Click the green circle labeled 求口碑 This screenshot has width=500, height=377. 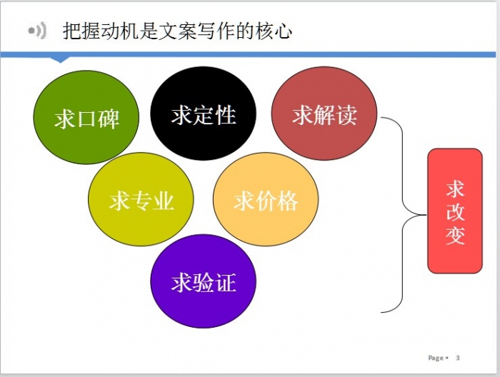click(x=86, y=117)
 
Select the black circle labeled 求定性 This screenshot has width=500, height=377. click(x=203, y=113)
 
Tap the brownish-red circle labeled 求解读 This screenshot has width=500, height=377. click(x=324, y=113)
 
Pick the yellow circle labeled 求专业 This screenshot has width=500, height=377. click(x=141, y=199)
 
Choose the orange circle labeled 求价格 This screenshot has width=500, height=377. click(x=266, y=199)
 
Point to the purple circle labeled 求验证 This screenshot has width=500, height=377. click(x=203, y=281)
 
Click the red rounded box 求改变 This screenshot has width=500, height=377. click(x=455, y=211)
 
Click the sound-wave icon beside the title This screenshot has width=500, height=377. click(x=38, y=31)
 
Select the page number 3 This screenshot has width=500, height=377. click(x=458, y=358)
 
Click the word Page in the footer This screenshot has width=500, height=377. click(x=436, y=358)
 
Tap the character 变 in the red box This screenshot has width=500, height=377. click(x=455, y=236)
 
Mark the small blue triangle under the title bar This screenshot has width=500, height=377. click(x=60, y=60)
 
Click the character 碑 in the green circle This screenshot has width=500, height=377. click(x=109, y=119)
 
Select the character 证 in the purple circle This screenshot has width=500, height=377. click(x=226, y=283)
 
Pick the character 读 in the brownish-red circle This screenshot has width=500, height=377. click(x=346, y=115)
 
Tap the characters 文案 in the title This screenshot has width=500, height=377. click(x=177, y=31)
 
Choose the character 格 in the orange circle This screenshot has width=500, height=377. click(x=288, y=201)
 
